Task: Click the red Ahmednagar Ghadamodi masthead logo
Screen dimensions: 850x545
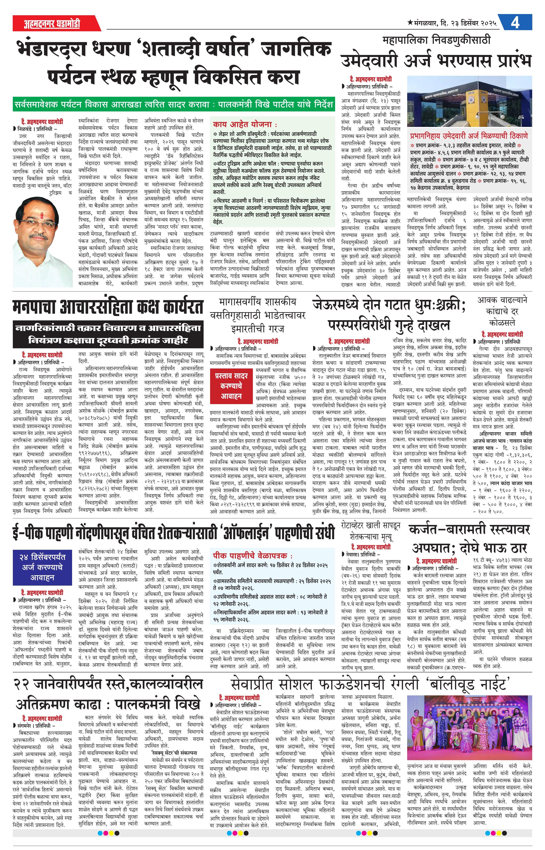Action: [x=52, y=24]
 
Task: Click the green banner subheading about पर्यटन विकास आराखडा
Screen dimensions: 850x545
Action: [x=173, y=105]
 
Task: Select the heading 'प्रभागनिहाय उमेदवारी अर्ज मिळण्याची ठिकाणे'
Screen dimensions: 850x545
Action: [x=469, y=136]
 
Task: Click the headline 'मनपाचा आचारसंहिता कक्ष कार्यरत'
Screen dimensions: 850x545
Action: [x=108, y=307]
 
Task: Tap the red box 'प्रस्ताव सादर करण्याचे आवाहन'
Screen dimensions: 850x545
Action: [x=231, y=386]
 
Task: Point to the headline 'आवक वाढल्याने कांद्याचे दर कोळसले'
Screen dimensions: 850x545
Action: [x=502, y=311]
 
